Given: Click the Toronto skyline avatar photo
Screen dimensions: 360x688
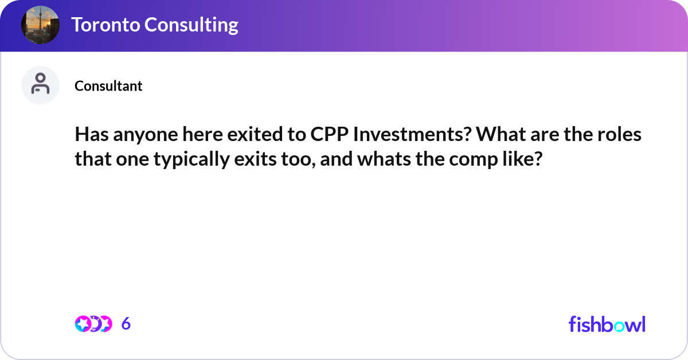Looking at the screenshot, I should coord(40,25).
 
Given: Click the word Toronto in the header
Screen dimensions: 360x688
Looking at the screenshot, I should coord(104,25).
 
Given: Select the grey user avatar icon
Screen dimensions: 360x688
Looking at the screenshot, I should coord(40,85).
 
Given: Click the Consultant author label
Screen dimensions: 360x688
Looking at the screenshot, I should coord(108,86).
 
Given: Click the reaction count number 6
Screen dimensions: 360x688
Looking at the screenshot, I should coord(126,324).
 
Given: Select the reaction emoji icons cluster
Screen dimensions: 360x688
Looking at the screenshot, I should coord(93,324).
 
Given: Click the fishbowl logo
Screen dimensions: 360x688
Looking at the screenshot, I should coord(607,324).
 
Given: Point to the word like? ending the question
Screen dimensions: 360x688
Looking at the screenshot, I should coord(522,160).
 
